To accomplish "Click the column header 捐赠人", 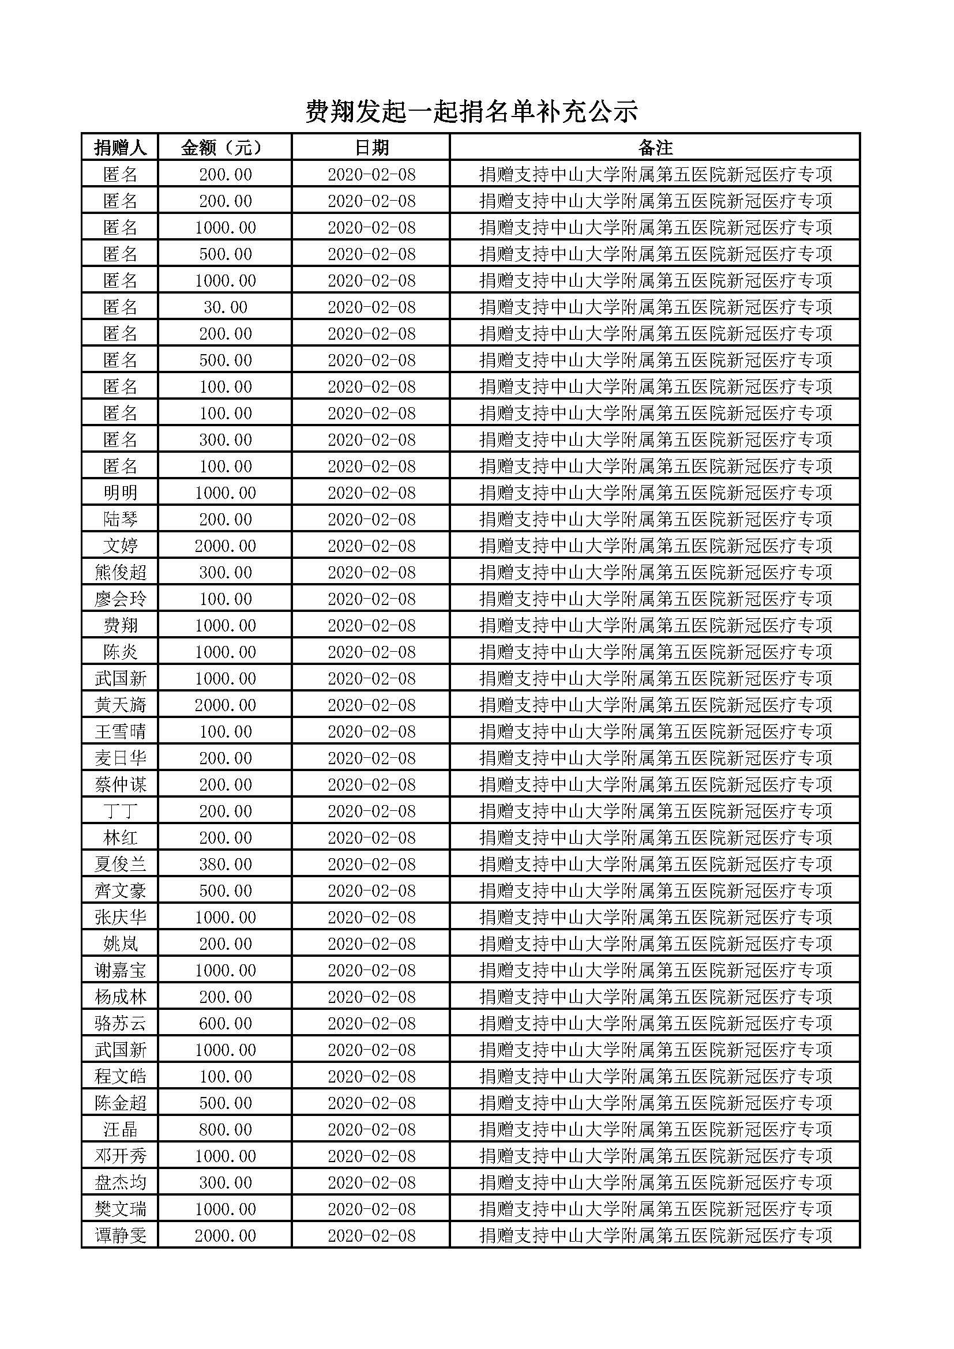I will pos(120,148).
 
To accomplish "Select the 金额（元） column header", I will pos(225,148).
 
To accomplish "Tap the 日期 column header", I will pos(371,148).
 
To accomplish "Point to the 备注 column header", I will pos(655,148).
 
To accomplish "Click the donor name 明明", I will pos(120,493).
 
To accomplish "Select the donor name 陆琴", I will pos(120,519).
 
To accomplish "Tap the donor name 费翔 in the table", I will pos(120,625).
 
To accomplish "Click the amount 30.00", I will pos(225,307).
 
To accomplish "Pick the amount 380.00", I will pos(225,865).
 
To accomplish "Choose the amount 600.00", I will pos(225,1024).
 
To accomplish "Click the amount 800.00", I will pos(225,1129).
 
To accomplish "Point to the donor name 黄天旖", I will pos(120,705).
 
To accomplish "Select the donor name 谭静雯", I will pos(120,1235).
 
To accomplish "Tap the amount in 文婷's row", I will pos(225,546).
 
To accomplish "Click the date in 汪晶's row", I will pos(371,1129).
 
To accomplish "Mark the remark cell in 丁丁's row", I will pos(655,811).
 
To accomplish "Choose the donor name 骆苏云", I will pos(120,1024).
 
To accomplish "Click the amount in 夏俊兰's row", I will pos(225,865).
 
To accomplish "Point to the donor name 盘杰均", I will pos(120,1182).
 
